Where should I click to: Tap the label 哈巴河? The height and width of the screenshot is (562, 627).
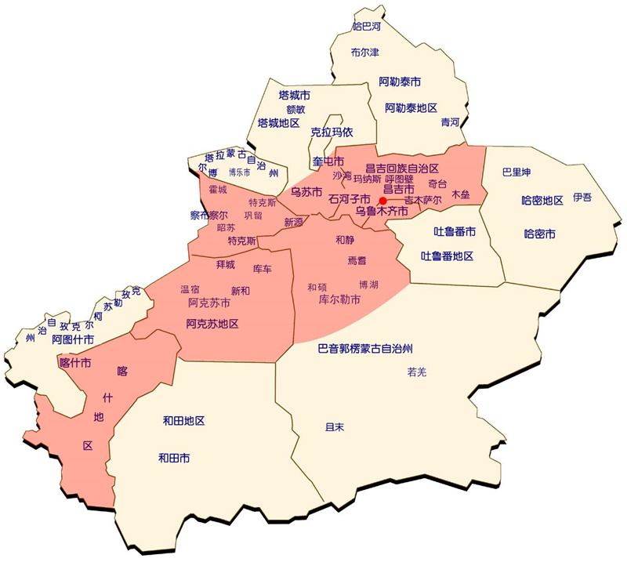tap(366, 27)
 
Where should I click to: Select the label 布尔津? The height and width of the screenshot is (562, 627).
tap(364, 53)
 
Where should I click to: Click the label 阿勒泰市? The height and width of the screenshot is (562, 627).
tap(400, 82)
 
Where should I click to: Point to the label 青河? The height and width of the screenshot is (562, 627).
tap(450, 122)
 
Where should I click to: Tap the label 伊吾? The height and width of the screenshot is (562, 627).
tap(582, 197)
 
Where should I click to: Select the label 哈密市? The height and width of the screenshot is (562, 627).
tap(538, 234)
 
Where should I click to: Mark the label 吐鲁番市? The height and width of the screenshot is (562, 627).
tap(455, 231)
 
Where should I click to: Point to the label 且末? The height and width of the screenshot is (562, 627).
tap(335, 427)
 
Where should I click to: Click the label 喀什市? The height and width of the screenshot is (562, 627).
tap(75, 363)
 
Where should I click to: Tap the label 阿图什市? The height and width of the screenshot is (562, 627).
tap(73, 339)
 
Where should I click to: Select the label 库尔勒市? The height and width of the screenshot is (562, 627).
tap(339, 299)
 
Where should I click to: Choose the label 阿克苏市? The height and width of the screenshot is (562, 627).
tap(209, 303)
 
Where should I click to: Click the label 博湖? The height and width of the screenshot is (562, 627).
tap(368, 284)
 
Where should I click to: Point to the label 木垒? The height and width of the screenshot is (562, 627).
tap(460, 194)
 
